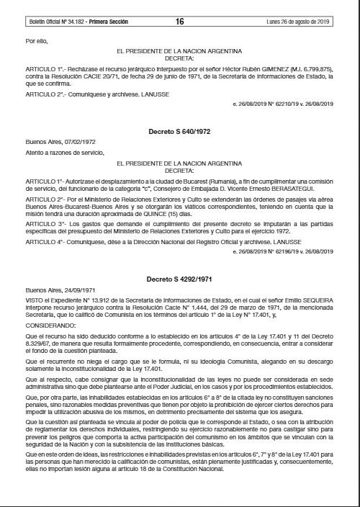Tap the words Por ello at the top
pos(35,40)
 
